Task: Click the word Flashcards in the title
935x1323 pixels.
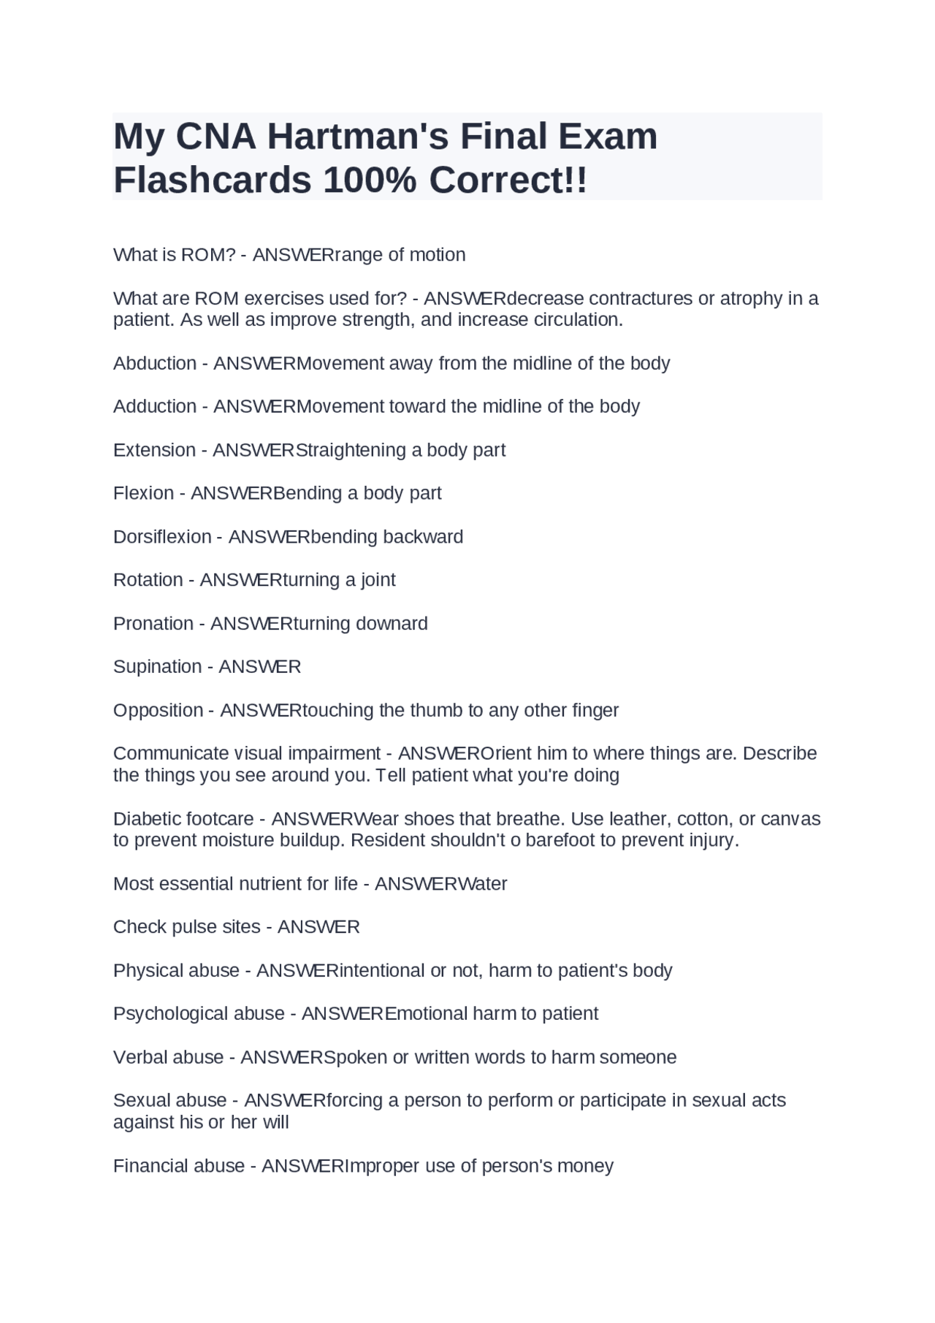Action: click(213, 180)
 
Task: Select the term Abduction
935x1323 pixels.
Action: click(154, 363)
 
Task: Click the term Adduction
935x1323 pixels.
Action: click(154, 406)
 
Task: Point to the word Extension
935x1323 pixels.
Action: click(154, 450)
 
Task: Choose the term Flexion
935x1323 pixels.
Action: click(143, 493)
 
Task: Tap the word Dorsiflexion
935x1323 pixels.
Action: click(162, 537)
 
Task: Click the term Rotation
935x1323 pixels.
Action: click(148, 580)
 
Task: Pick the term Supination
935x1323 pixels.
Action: click(157, 667)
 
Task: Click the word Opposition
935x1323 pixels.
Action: click(158, 710)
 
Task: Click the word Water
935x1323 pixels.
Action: click(483, 884)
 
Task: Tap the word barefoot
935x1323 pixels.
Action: click(560, 840)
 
